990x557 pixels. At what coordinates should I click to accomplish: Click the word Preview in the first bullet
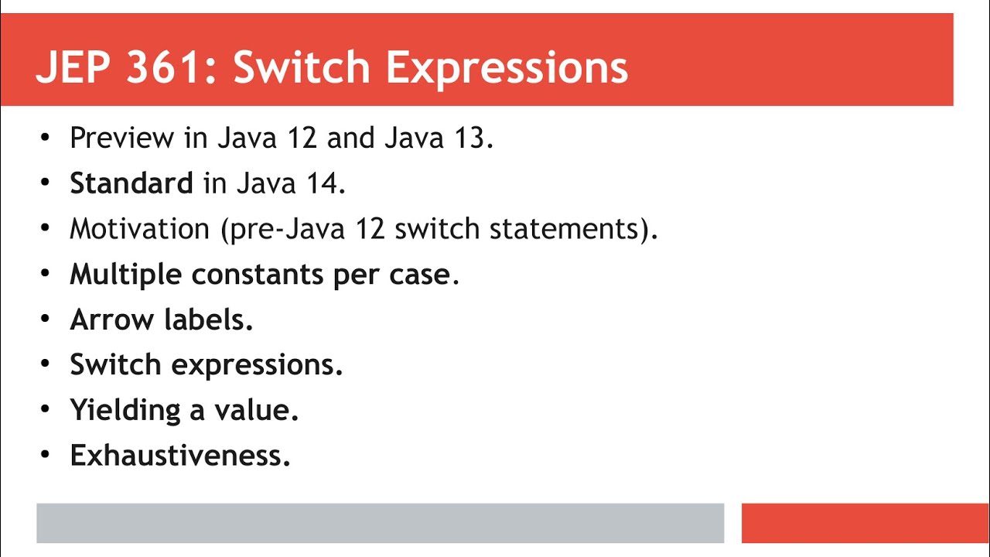click(121, 138)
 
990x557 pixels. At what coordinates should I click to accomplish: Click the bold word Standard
click(131, 183)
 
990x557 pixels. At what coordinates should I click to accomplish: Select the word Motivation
click(139, 229)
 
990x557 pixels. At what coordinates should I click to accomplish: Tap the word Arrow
click(111, 320)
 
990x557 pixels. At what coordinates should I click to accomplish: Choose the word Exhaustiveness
click(179, 455)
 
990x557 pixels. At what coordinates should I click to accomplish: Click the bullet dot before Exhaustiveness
click(45, 455)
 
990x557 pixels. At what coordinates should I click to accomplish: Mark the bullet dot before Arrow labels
click(45, 320)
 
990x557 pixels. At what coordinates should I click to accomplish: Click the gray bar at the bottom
click(380, 523)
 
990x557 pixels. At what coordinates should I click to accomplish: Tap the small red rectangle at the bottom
click(865, 523)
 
